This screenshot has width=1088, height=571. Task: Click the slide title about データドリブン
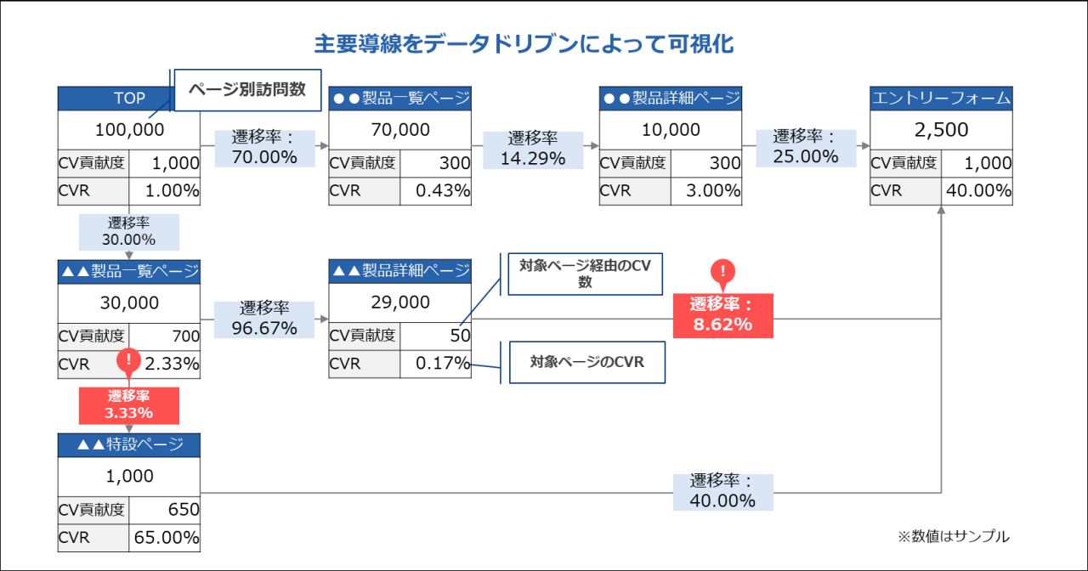click(524, 44)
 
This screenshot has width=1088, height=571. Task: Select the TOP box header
click(129, 99)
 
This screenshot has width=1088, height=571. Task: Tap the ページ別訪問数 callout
click(246, 89)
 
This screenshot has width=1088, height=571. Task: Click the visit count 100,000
click(129, 130)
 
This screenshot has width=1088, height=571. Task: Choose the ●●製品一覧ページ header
click(399, 99)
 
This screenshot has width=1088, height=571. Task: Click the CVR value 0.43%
click(442, 190)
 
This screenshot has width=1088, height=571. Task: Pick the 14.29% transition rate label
click(533, 148)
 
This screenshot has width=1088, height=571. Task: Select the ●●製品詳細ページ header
click(670, 99)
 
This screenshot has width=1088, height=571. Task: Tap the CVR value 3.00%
click(712, 190)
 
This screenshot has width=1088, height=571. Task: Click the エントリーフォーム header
click(941, 99)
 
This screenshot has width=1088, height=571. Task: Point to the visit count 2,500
click(941, 130)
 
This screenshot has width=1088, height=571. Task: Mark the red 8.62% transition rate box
click(722, 314)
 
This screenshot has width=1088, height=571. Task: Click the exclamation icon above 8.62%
click(722, 272)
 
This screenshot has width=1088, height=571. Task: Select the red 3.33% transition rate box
click(129, 404)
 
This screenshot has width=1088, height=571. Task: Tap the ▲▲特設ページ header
click(129, 444)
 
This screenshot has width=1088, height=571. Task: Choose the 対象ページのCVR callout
click(586, 362)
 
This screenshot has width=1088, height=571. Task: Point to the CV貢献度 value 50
click(460, 335)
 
